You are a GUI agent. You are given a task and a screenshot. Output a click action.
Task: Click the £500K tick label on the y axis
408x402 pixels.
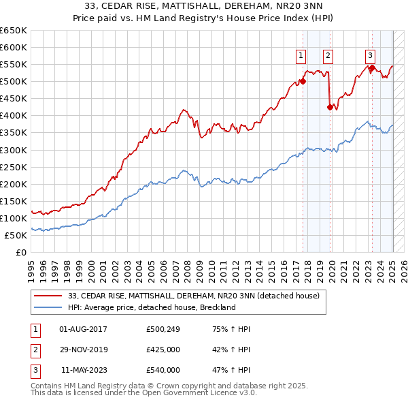(x=14, y=82)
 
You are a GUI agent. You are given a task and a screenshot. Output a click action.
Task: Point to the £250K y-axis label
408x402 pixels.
(x=14, y=167)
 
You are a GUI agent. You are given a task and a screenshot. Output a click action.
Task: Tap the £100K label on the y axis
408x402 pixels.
(x=14, y=218)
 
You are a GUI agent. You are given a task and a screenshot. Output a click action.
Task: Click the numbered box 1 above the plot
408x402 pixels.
(x=301, y=56)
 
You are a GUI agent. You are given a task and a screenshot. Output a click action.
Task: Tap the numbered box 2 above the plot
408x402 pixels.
(x=328, y=56)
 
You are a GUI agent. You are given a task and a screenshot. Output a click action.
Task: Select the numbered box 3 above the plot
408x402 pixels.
(x=370, y=56)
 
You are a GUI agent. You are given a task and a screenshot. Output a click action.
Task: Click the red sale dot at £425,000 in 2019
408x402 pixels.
(x=330, y=107)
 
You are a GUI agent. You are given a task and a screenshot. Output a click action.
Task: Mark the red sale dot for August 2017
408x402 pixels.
(x=303, y=81)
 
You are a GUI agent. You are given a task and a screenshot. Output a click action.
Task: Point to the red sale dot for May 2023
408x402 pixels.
(x=372, y=67)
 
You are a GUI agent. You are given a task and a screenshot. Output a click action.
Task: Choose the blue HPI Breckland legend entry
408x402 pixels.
(x=152, y=307)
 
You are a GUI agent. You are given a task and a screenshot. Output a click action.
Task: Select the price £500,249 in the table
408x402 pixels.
(x=163, y=329)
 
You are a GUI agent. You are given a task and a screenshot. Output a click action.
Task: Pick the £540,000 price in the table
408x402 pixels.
(x=163, y=370)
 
